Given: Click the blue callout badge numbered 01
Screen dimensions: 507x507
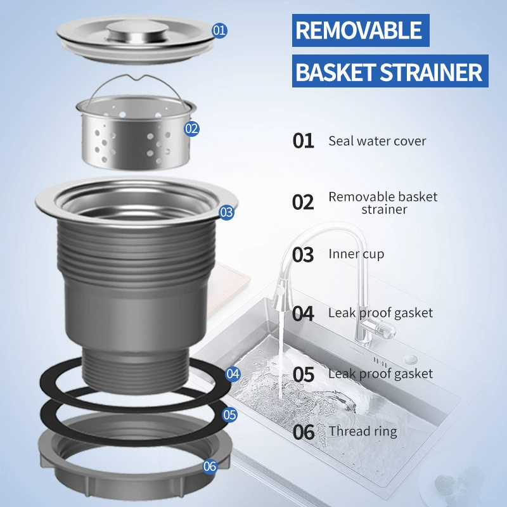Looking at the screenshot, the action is (x=219, y=30).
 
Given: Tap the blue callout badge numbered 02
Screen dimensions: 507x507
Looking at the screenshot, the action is (x=191, y=129).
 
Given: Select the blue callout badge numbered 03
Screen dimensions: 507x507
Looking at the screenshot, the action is (x=226, y=212).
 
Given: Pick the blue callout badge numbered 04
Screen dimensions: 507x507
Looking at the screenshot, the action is (x=233, y=374).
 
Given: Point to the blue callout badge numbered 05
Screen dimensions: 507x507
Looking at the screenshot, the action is (x=229, y=414).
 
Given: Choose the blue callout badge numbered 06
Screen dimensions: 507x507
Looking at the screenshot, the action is (x=210, y=466).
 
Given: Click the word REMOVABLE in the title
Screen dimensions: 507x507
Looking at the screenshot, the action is (x=359, y=30).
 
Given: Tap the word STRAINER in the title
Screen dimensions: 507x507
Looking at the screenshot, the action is (x=431, y=72).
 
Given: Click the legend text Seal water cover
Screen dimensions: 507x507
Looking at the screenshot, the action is (x=377, y=141).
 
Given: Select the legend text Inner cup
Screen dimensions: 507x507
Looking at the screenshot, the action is (x=356, y=254).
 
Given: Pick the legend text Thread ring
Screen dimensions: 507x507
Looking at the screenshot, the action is (x=363, y=432).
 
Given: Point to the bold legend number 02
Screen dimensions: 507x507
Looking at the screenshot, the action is (x=303, y=202).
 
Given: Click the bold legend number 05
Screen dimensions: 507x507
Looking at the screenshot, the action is (x=304, y=375).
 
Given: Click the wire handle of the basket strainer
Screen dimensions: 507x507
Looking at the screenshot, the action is (x=136, y=85).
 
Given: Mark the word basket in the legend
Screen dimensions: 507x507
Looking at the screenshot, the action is (x=418, y=196).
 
